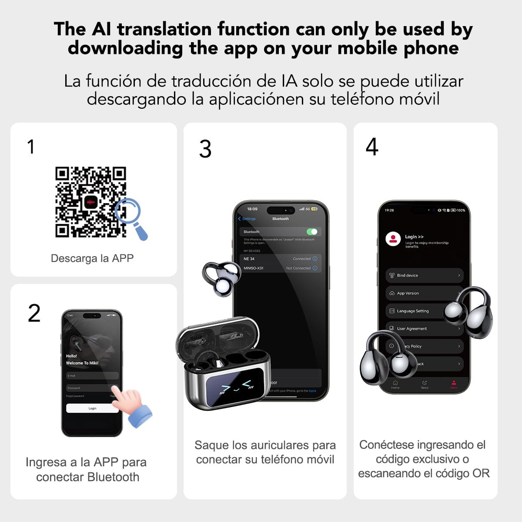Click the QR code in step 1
(x=90, y=202)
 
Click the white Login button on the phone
(x=92, y=408)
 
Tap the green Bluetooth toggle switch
(x=312, y=232)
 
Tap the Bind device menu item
(x=424, y=275)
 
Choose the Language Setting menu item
(x=413, y=311)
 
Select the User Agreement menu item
(x=412, y=329)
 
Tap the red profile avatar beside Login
(x=393, y=239)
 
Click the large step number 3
(x=205, y=149)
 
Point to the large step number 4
(x=372, y=147)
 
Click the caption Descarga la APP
(x=92, y=258)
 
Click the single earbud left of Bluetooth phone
(x=221, y=279)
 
